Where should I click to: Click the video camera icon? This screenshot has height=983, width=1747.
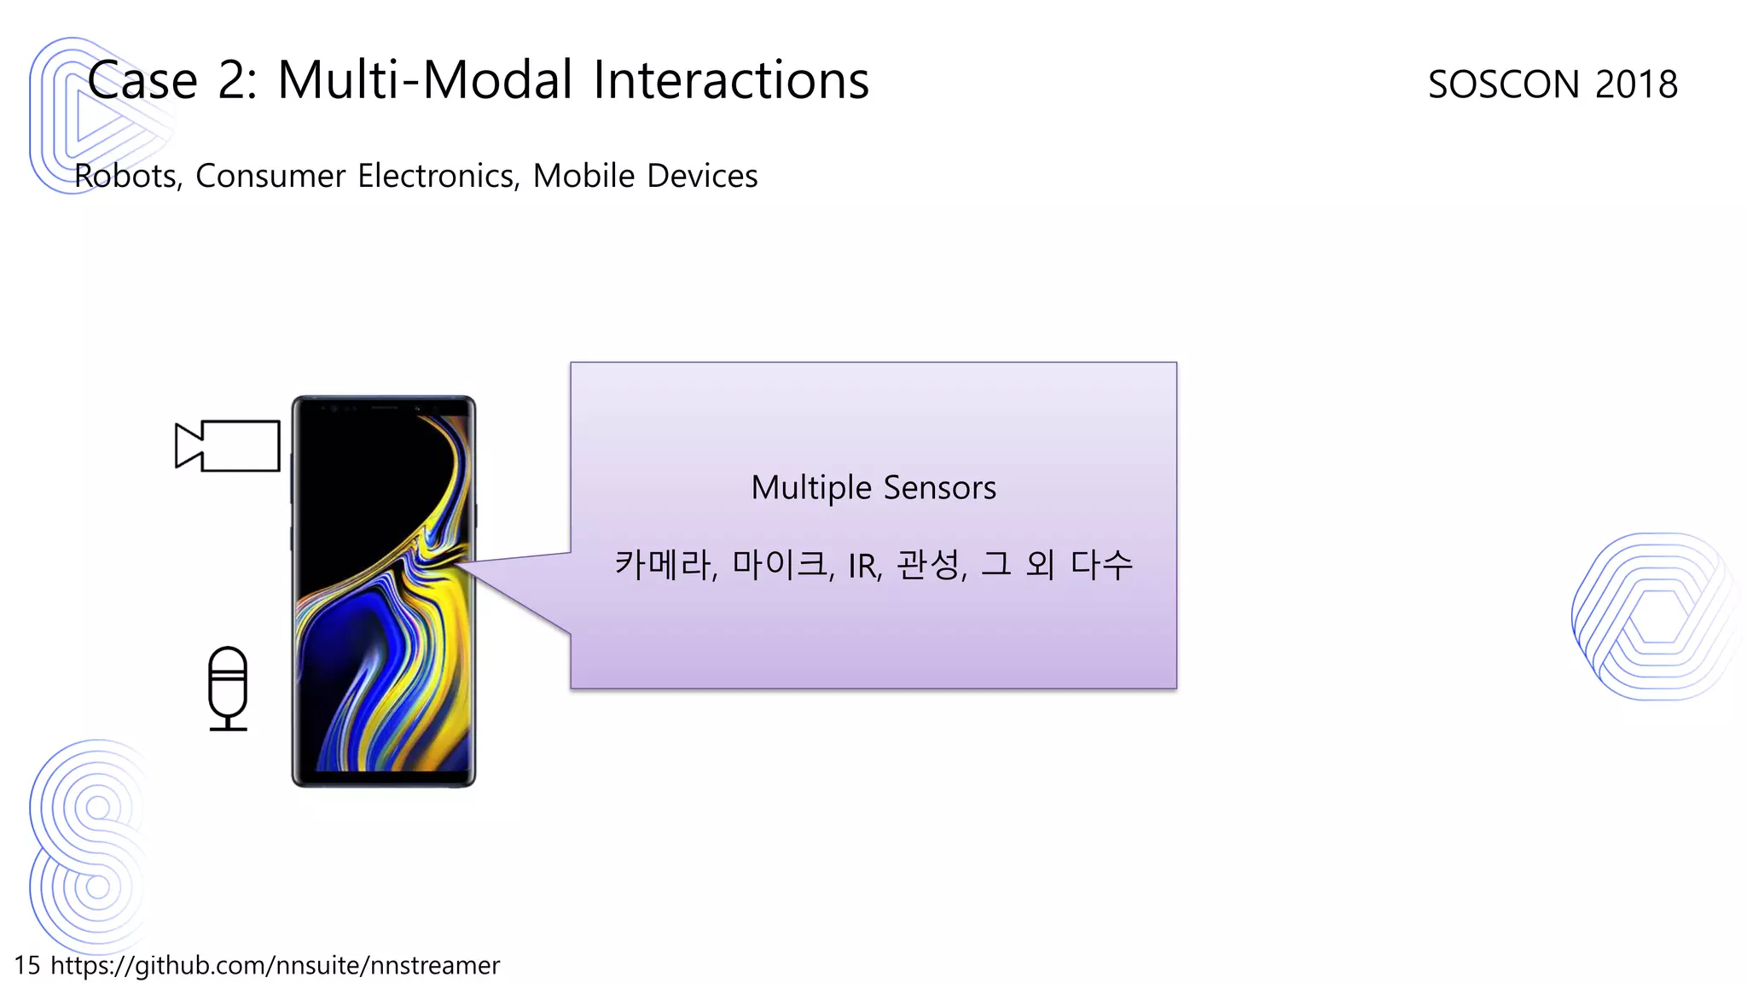click(228, 445)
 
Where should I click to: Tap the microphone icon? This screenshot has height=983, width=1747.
click(228, 688)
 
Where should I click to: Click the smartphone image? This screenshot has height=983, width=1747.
click(384, 590)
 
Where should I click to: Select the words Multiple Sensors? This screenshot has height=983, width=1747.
click(873, 488)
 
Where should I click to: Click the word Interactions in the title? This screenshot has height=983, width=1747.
click(730, 80)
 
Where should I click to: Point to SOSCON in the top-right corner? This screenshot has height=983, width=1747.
click(1504, 84)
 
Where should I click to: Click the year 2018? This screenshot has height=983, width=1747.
click(1636, 84)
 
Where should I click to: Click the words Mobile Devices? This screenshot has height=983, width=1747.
click(645, 176)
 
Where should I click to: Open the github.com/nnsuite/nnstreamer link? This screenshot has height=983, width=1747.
click(275, 965)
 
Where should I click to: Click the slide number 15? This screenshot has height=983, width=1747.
click(26, 965)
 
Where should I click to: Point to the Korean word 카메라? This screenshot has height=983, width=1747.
click(664, 564)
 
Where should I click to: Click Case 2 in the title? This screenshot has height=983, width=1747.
click(171, 80)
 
